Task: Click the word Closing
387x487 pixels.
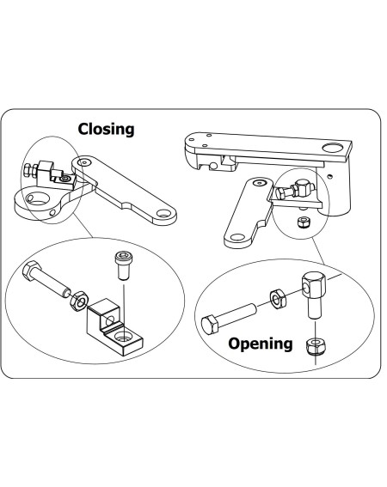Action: point(107,130)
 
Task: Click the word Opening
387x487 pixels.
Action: point(260,344)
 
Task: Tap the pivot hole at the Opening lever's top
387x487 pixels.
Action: point(255,183)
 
